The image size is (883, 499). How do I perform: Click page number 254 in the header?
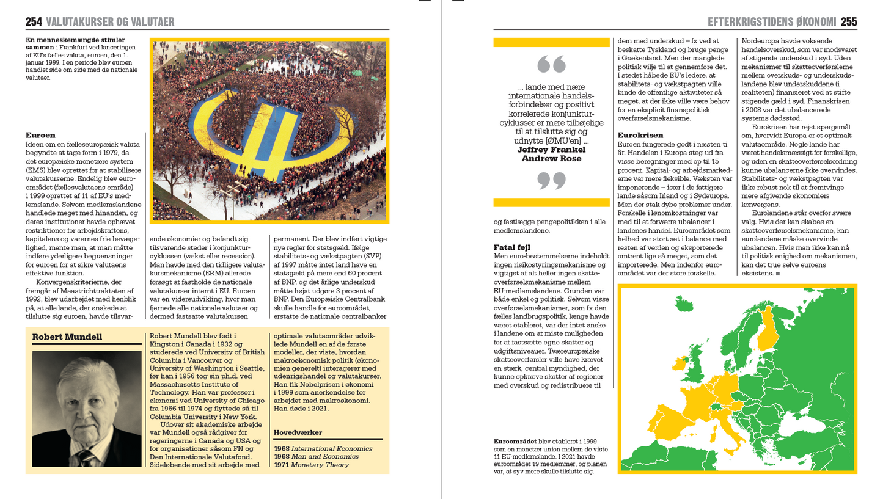click(34, 22)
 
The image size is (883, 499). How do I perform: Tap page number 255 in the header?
click(849, 22)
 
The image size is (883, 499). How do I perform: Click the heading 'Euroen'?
click(40, 135)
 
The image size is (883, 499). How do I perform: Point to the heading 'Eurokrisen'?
click(640, 135)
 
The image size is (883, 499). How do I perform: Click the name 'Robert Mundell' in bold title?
click(67, 337)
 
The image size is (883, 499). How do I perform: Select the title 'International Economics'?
click(332, 448)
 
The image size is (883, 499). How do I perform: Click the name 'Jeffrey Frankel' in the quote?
click(551, 150)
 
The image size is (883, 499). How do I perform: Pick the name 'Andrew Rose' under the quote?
click(551, 159)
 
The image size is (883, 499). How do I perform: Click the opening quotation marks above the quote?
click(551, 64)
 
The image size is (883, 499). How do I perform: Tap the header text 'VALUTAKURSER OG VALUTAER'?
click(110, 22)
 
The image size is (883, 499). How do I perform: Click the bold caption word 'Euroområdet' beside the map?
click(515, 442)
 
